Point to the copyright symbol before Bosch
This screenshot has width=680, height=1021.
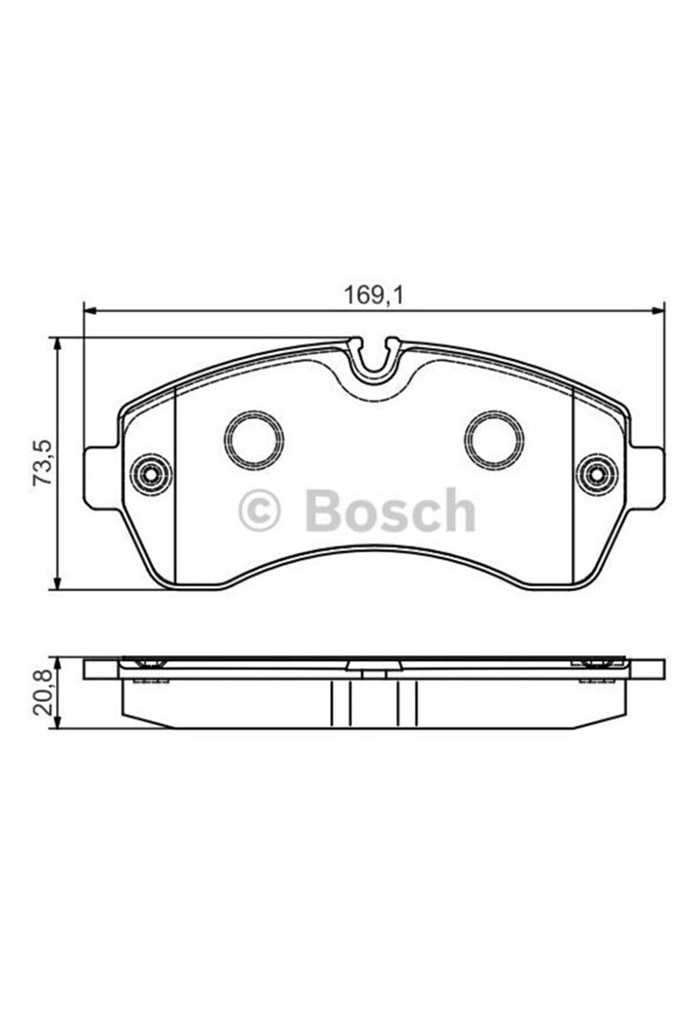coord(259,510)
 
